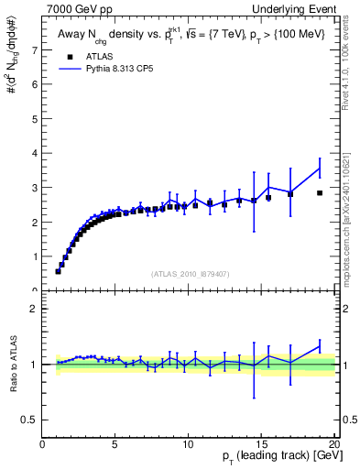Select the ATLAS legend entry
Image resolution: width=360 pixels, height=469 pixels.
click(x=84, y=56)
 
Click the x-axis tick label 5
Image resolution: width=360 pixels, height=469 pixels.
click(x=115, y=444)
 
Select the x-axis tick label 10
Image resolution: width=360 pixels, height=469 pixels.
click(x=188, y=444)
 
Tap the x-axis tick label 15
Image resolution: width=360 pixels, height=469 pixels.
click(x=261, y=444)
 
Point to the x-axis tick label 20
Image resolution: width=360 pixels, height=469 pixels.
click(x=333, y=444)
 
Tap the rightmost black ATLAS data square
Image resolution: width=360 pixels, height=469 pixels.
click(x=319, y=193)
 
